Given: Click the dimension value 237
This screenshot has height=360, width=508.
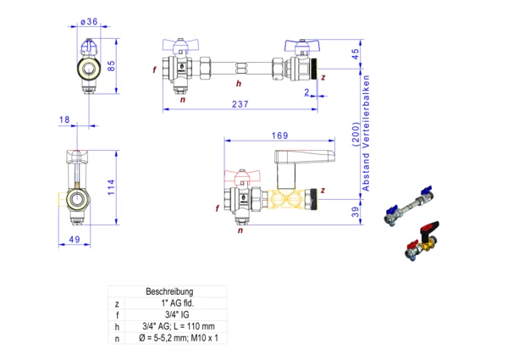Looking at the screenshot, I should (x=241, y=104).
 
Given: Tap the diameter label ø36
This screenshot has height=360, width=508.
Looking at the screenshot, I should (x=89, y=20).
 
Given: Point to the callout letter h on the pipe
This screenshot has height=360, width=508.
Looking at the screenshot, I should (x=239, y=84).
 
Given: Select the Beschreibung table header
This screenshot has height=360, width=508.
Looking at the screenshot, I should (x=170, y=291).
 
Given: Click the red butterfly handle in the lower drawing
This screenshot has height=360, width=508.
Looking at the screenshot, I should (x=240, y=178).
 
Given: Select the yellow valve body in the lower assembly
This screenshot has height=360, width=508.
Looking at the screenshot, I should (x=292, y=201).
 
